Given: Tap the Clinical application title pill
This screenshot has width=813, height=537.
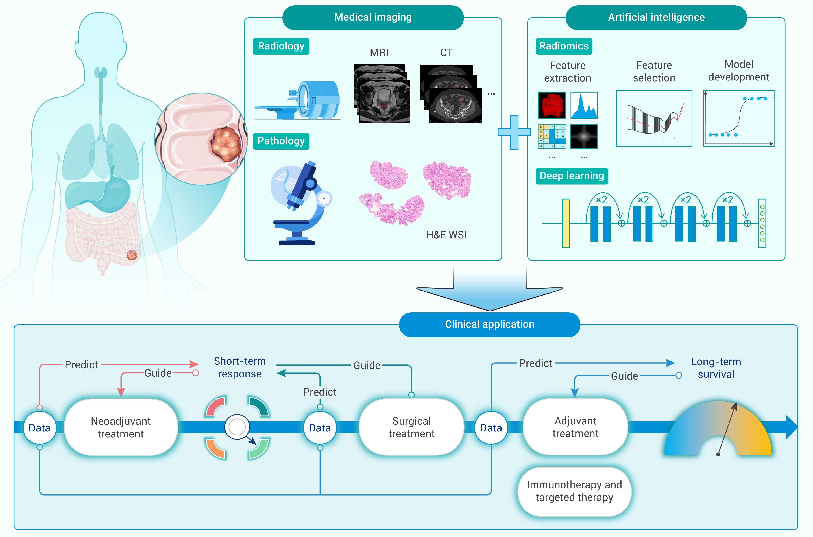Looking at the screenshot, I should tap(489, 324).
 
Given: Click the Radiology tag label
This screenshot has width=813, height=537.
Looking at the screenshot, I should tap(281, 46).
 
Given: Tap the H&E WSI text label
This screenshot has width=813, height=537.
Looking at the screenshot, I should tap(446, 235).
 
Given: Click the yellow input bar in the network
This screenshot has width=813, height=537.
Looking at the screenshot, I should tap(566, 223).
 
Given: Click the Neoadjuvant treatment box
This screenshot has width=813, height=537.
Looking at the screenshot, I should tap(121, 427).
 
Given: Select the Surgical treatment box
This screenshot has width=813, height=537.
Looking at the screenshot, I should tap(411, 427).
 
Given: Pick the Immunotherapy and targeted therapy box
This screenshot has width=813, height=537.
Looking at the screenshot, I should tap(574, 491).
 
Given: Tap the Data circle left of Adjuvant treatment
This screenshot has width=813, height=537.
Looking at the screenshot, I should tap(491, 428).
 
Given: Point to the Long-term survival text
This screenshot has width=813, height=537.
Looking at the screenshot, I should tap(716, 368).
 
